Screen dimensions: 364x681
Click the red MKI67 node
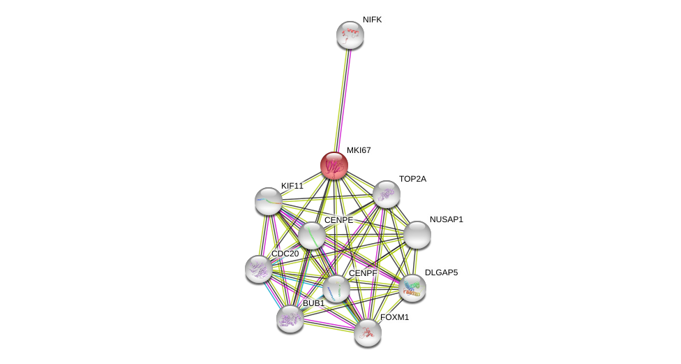click(x=334, y=166)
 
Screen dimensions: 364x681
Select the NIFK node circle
click(x=350, y=35)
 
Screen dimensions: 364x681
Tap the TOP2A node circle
click(x=387, y=194)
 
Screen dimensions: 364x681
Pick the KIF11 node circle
click(x=269, y=201)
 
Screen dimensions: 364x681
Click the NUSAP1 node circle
click(x=417, y=235)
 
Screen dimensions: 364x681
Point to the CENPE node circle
click(x=312, y=235)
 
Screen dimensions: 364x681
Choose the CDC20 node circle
click(x=259, y=269)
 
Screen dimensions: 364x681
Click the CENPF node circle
click(x=336, y=289)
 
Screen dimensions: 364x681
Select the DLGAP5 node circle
click(x=412, y=288)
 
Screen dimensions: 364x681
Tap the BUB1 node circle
click(x=290, y=319)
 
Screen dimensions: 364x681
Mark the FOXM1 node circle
click(x=368, y=333)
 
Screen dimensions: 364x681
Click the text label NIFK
click(x=372, y=20)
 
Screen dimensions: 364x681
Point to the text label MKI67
click(x=359, y=150)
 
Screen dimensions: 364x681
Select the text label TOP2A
click(x=412, y=179)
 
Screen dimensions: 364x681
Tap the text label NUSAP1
click(x=446, y=219)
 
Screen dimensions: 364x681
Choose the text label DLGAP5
click(x=441, y=272)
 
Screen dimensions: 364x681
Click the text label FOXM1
click(x=394, y=317)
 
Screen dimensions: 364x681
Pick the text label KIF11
click(x=292, y=186)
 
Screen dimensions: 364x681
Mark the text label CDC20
click(x=285, y=254)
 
